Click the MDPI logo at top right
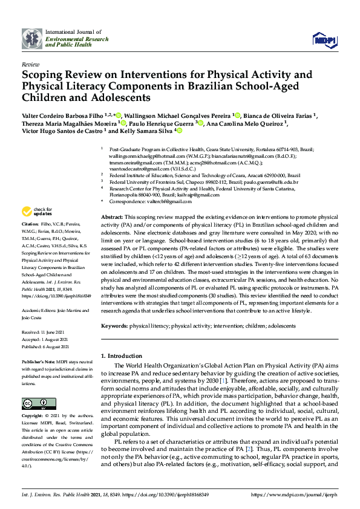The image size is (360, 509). (324, 40)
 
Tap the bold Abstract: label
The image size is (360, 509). (113, 217)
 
